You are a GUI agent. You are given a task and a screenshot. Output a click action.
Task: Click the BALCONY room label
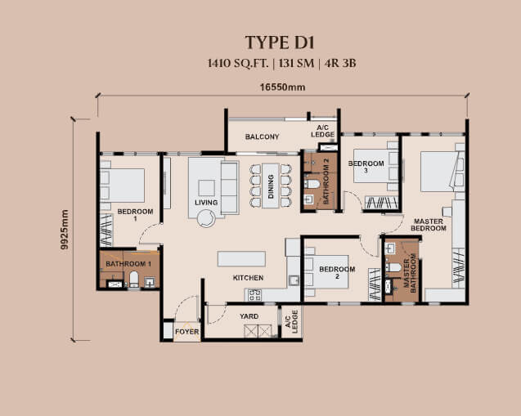tap(262, 136)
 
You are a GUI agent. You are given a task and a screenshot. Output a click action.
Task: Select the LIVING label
tap(206, 202)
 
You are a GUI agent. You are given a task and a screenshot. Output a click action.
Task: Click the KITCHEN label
tap(248, 278)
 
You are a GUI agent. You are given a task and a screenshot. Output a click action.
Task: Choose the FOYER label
tap(186, 332)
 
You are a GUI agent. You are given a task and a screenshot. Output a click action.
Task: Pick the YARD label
tap(249, 316)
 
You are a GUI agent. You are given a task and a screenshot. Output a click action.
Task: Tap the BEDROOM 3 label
tap(366, 167)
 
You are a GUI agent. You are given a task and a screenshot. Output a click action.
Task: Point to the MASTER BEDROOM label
tap(429, 225)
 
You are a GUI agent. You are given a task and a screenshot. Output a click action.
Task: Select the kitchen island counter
tap(243, 259)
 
